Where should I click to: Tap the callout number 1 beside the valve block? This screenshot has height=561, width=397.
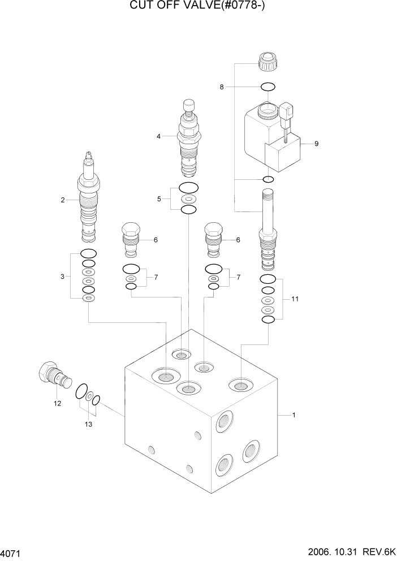pyautogui.click(x=294, y=416)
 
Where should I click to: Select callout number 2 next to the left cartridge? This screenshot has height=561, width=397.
pyautogui.click(x=63, y=200)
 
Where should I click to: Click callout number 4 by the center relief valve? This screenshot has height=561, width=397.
pyautogui.click(x=159, y=136)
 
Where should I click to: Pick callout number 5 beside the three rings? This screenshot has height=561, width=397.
pyautogui.click(x=159, y=198)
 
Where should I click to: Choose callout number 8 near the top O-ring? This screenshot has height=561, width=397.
pyautogui.click(x=222, y=87)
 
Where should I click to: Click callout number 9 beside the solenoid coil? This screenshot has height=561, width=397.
pyautogui.click(x=316, y=144)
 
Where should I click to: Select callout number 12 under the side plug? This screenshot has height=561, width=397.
pyautogui.click(x=57, y=403)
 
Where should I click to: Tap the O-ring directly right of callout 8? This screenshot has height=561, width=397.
pyautogui.click(x=267, y=87)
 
